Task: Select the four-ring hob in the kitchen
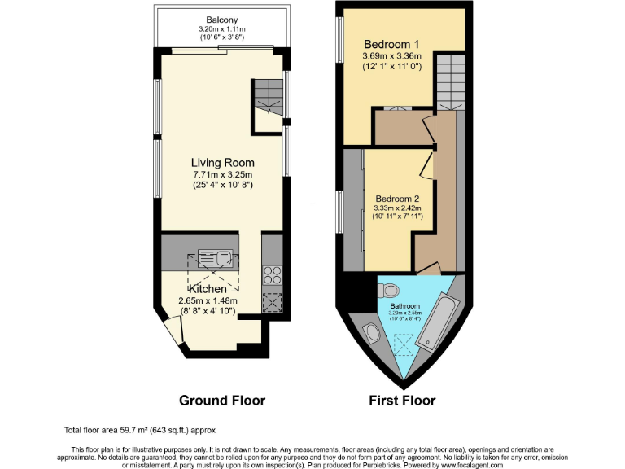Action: click(271, 274)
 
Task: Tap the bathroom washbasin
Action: click(371, 334)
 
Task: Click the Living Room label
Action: click(222, 162)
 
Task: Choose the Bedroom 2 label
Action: click(397, 198)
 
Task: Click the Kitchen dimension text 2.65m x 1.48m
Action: click(207, 300)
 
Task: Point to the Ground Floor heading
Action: click(222, 401)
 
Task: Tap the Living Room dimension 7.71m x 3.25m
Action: click(222, 174)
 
